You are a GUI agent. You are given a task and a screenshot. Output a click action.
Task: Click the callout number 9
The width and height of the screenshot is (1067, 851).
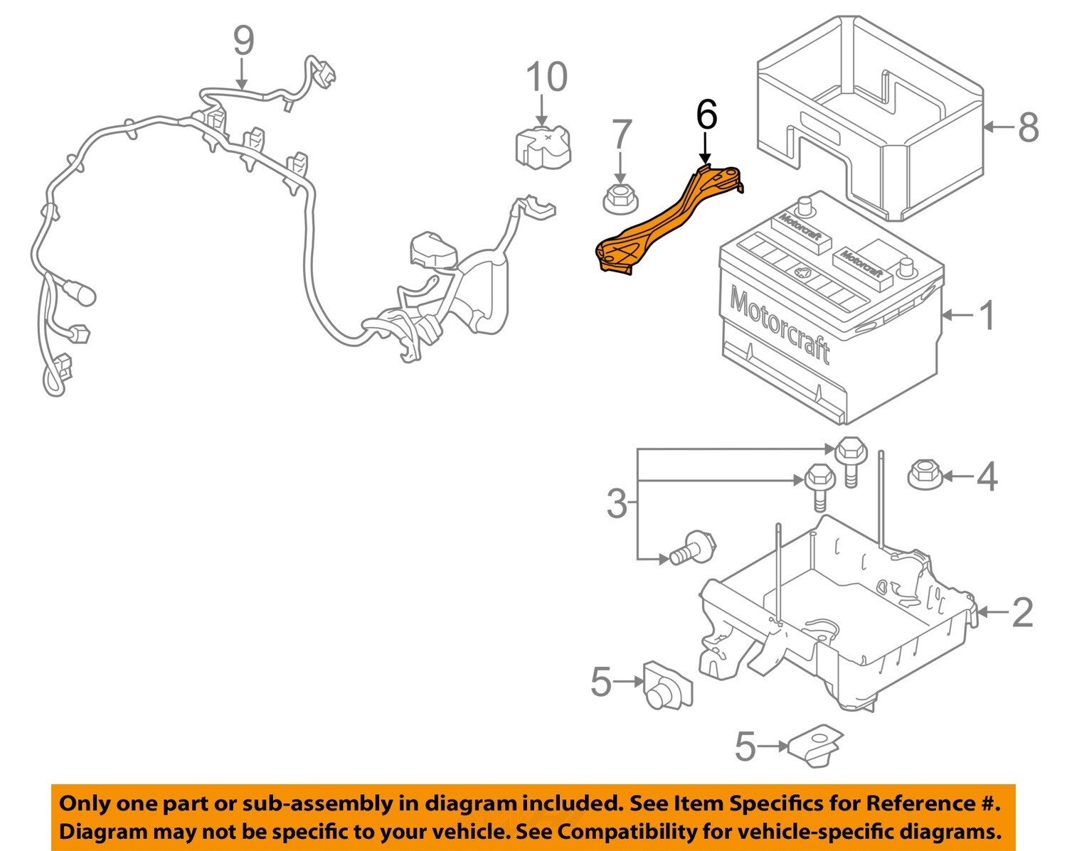pos(243,41)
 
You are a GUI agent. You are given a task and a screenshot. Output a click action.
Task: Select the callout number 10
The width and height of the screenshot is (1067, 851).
pos(546,77)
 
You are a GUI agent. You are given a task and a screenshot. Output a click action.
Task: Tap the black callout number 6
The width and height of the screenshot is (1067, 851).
pos(706,115)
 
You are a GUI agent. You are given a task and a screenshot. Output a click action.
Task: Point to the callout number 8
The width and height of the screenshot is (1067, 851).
pos(1028,128)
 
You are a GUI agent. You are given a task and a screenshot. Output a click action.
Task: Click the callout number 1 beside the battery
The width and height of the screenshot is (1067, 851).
pos(987,315)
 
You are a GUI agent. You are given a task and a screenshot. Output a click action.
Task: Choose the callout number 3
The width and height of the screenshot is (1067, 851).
pos(617,504)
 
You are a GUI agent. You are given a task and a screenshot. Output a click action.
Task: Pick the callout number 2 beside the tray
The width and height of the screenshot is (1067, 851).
pos(1022,612)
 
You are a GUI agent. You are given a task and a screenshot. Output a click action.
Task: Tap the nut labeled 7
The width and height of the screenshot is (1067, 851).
pos(620,198)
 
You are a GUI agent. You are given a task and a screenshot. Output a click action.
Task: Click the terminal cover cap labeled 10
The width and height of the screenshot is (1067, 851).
pos(542,148)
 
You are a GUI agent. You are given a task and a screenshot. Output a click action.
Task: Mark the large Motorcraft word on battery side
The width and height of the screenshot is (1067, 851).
pos(780,328)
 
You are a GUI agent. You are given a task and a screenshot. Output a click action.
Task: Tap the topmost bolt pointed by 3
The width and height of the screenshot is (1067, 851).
pos(849,456)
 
